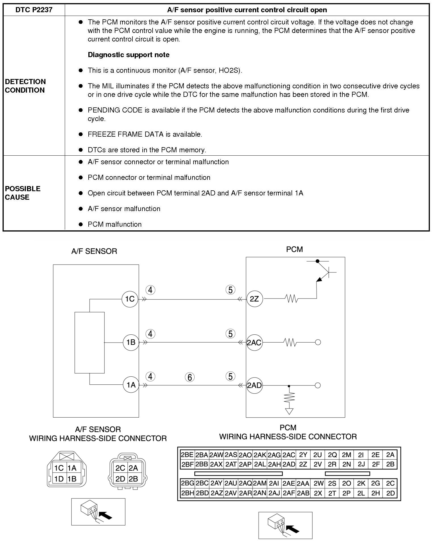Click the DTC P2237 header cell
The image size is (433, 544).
34,10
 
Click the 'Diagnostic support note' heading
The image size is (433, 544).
128,55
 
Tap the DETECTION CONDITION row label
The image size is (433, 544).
25,86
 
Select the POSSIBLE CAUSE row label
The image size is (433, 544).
23,193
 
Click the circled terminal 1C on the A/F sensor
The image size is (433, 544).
130,299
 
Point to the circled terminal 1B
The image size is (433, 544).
131,342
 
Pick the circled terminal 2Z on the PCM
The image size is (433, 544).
254,299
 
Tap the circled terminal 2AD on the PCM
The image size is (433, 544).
254,385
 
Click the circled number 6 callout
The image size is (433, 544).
190,377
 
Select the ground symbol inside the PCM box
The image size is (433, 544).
289,411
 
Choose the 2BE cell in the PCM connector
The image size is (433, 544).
187,455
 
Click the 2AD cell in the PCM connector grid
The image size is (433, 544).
289,464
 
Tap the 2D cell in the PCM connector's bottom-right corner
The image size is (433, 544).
390,493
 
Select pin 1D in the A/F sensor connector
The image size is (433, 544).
59,479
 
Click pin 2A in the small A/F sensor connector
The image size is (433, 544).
133,468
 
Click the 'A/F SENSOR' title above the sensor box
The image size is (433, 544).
94,251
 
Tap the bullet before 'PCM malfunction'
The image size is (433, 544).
81,224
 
